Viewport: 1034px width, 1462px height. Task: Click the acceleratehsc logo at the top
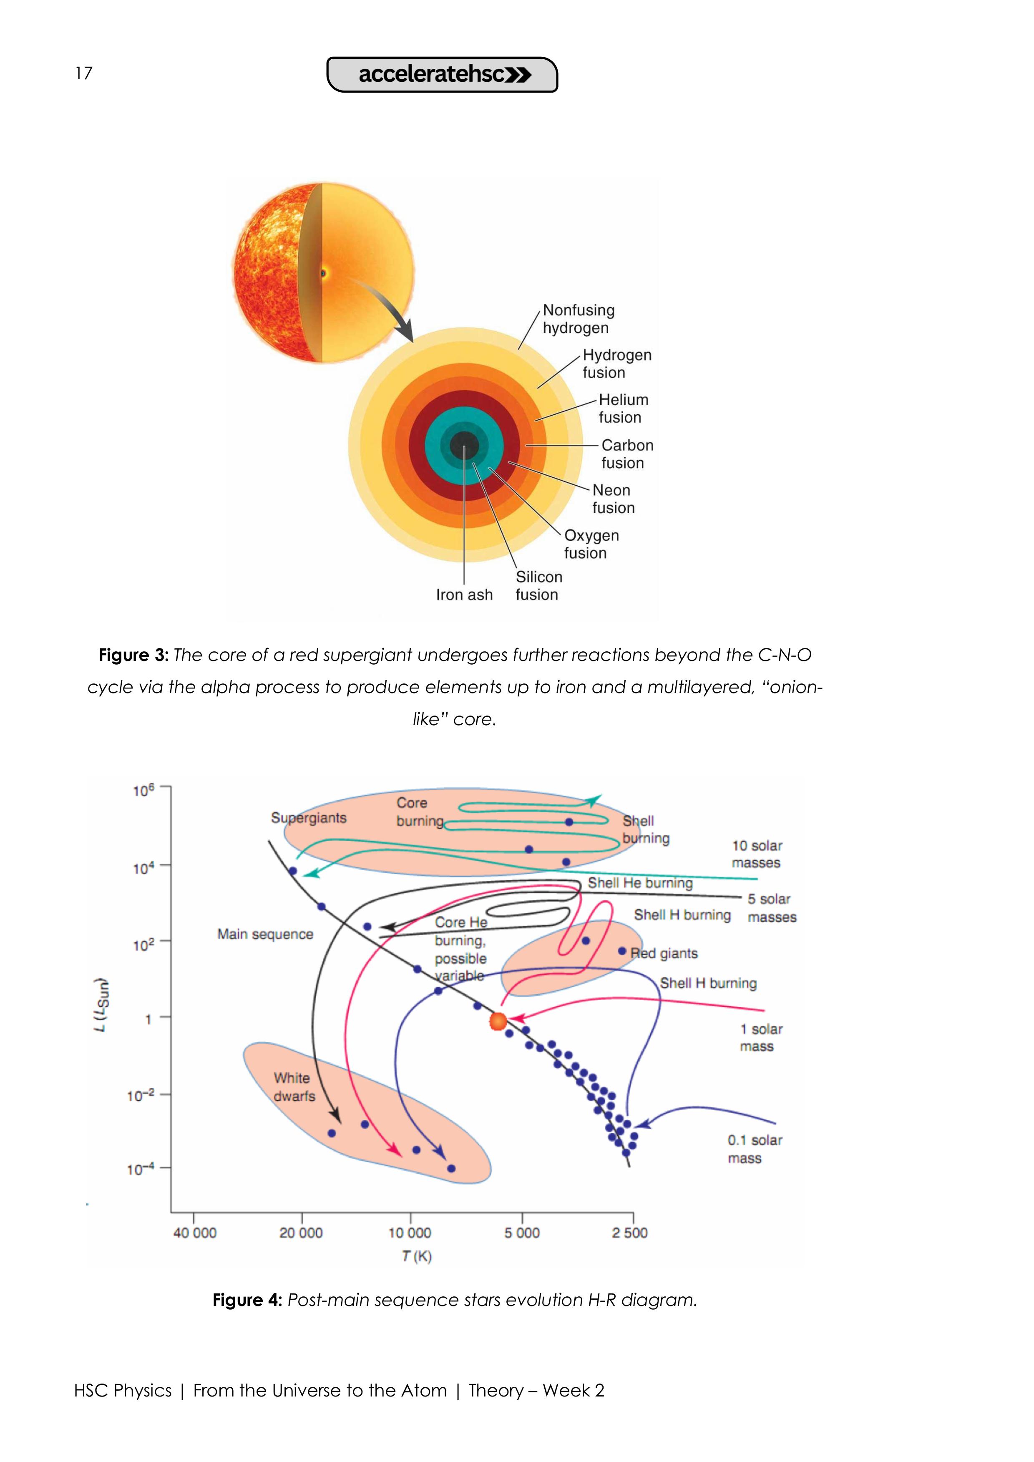point(442,75)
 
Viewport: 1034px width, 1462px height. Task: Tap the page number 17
point(83,73)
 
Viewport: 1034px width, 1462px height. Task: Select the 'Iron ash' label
point(464,595)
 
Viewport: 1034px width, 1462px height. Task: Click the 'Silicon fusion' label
point(538,586)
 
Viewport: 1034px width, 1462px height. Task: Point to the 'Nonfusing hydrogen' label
point(578,319)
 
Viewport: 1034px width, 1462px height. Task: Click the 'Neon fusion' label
point(613,499)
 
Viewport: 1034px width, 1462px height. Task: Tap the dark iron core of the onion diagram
point(464,445)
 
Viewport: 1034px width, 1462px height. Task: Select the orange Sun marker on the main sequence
point(498,1022)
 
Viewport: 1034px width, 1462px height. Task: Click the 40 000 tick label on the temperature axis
point(195,1233)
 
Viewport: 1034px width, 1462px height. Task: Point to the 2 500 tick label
point(630,1233)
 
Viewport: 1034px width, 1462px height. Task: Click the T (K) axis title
point(416,1256)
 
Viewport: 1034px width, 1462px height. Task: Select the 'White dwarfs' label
point(294,1087)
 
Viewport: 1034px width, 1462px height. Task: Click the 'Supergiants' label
point(309,818)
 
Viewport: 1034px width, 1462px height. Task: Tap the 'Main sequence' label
point(265,934)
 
